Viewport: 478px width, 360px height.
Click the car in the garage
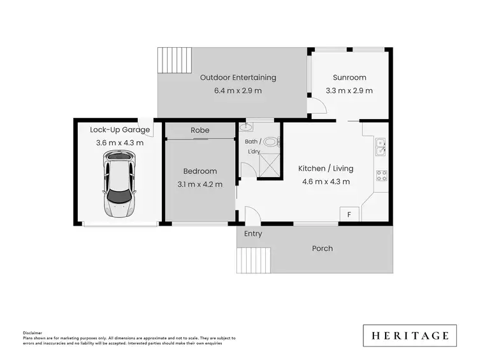click(x=119, y=185)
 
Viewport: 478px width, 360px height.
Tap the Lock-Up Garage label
click(x=112, y=130)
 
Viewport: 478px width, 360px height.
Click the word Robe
click(x=199, y=130)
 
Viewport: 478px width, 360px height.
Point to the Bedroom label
click(x=200, y=171)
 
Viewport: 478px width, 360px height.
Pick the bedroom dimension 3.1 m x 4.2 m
click(x=200, y=184)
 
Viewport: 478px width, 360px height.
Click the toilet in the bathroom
click(x=270, y=142)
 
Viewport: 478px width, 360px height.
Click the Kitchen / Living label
click(x=326, y=169)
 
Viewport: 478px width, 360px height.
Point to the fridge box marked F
click(x=349, y=215)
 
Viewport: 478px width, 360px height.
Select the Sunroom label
click(x=349, y=78)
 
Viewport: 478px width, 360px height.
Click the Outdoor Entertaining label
click(x=238, y=78)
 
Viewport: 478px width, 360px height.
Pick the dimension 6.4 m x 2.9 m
click(x=238, y=90)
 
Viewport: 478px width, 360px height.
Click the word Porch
click(x=322, y=248)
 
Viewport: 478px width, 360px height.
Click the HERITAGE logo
click(x=410, y=335)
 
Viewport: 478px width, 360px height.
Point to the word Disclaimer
click(x=33, y=333)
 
